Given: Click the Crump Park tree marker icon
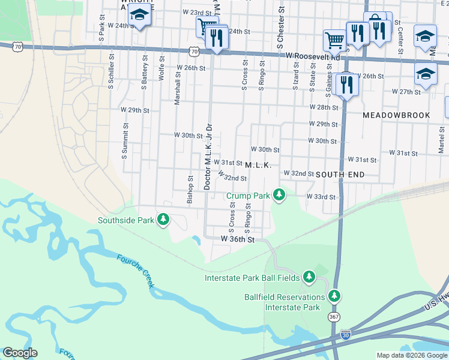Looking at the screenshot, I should pos(279,195).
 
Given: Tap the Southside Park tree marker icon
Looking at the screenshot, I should pos(163,220).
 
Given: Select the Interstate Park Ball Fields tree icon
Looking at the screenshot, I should pos(309,277).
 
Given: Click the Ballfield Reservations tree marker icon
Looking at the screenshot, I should pos(334,296).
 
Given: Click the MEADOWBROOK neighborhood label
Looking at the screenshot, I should pos(396,115).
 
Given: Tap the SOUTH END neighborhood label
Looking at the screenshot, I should pos(340,174).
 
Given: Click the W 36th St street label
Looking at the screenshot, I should pos(238,239).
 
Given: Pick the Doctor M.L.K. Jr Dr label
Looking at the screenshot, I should pos(209,157).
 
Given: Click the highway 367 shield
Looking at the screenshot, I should pos(334,316).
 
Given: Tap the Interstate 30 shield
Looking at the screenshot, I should pos(345,335).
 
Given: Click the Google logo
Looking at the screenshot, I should pos(20,353).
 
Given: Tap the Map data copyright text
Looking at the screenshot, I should pos(411,355).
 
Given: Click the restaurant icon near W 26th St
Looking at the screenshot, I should pos(347,84).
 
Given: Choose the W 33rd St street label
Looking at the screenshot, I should pos(320,196).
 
